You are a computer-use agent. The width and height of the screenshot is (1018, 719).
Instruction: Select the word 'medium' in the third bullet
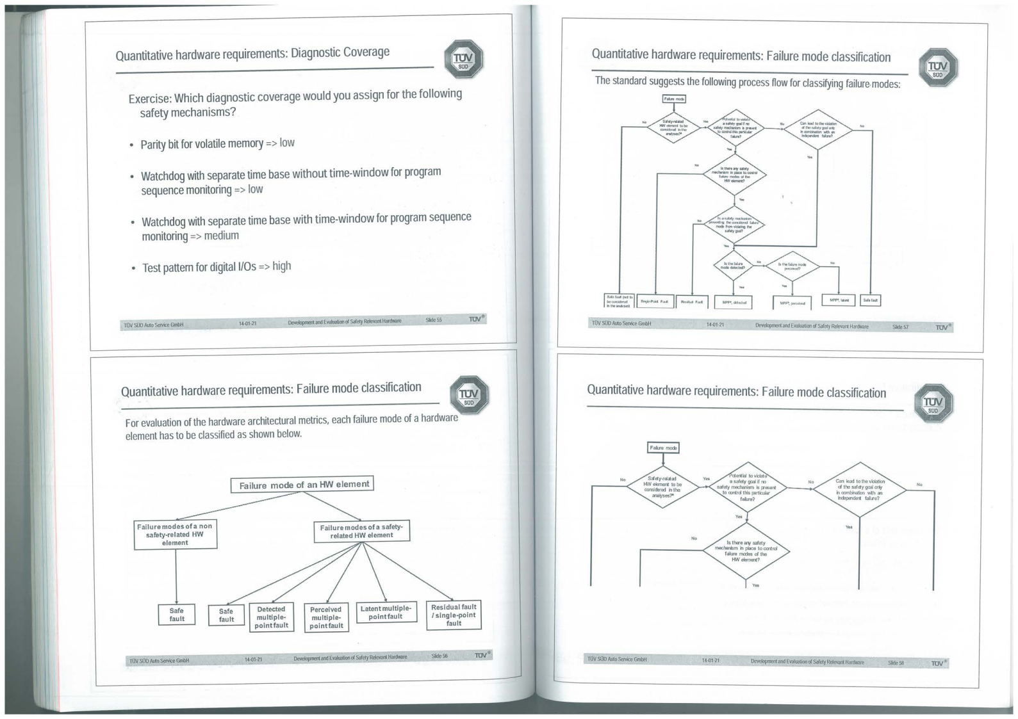point(221,236)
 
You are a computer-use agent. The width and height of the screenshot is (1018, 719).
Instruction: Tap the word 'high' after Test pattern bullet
point(281,266)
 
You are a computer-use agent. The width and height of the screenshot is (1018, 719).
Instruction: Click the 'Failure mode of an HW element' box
point(302,485)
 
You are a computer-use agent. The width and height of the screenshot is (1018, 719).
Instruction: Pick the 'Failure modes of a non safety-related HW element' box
point(175,534)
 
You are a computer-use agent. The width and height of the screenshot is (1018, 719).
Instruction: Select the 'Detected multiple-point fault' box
point(271,617)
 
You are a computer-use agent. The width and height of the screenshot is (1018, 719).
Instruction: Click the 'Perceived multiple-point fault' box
point(326,617)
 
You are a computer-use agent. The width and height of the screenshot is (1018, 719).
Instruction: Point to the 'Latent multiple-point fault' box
point(386,612)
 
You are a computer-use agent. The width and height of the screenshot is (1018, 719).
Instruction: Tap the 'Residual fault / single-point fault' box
point(454,615)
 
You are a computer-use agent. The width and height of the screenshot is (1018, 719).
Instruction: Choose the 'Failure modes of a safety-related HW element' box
point(361,531)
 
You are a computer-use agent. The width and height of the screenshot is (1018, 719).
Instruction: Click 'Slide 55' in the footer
point(434,319)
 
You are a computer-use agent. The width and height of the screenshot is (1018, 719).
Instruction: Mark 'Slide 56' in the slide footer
point(439,656)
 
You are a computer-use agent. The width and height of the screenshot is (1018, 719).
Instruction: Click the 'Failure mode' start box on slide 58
point(662,448)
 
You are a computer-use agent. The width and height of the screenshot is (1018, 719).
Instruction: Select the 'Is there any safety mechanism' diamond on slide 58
point(746,551)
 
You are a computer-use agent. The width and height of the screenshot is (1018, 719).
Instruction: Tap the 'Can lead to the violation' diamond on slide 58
point(859,489)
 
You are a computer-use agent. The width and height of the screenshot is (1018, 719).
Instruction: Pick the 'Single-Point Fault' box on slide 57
point(654,301)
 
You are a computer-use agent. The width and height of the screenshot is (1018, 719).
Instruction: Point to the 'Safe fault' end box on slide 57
point(870,300)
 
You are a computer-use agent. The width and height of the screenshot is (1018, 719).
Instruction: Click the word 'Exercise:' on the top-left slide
point(150,99)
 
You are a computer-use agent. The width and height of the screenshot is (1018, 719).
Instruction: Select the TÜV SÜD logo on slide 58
point(933,405)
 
